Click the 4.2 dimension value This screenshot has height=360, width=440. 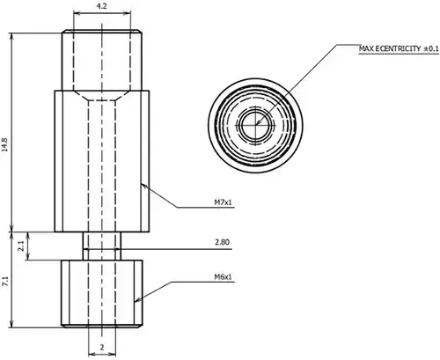[101, 6]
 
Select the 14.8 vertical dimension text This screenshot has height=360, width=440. [4, 144]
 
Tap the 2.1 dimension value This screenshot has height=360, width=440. [21, 246]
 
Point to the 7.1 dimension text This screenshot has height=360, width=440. [5, 282]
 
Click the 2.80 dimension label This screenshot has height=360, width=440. [222, 242]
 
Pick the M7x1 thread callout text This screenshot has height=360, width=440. [223, 202]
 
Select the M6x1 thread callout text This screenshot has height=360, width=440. [223, 276]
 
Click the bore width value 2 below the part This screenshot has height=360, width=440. [102, 348]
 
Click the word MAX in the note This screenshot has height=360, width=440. [366, 48]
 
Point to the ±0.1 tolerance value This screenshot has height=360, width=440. [431, 48]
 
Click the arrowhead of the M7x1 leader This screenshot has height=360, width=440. [143, 186]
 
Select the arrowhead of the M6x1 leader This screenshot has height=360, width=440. [137, 300]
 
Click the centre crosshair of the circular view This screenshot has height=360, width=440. [255, 125]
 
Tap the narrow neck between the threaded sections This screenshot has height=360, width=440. [102, 246]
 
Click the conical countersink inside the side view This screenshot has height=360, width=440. [102, 95]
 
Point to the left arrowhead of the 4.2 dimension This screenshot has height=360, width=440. [77, 13]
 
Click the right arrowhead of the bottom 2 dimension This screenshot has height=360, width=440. [113, 353]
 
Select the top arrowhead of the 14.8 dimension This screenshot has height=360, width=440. [11, 36]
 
